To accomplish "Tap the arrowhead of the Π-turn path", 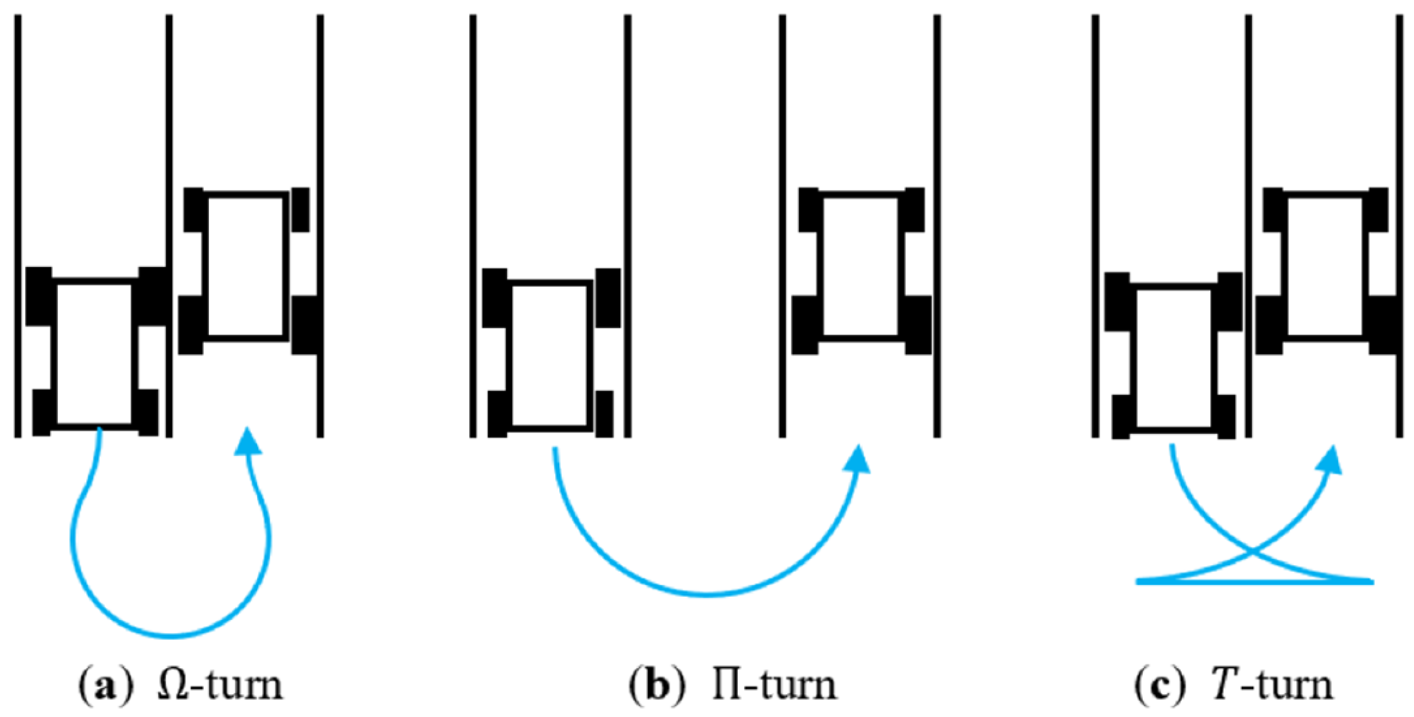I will pyautogui.click(x=856, y=460).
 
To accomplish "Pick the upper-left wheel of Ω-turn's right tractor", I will pyautogui.click(x=193, y=209).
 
